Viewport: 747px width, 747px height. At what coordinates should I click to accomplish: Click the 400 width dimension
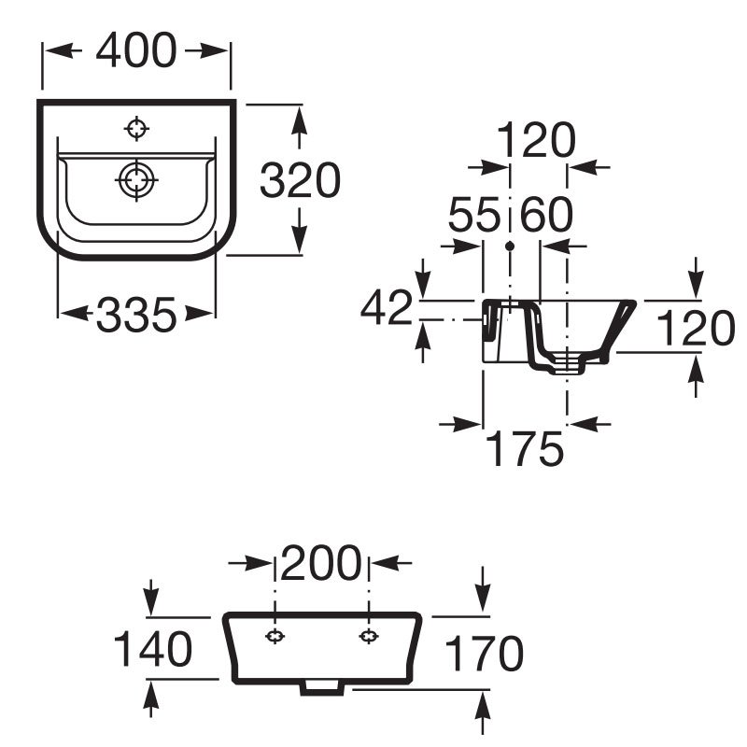[136, 50]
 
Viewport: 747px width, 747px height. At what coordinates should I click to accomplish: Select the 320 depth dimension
[300, 180]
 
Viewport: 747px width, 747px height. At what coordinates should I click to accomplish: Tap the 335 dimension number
[136, 315]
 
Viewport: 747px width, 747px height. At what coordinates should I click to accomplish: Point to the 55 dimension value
[474, 215]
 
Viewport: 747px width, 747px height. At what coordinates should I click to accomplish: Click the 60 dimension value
[546, 215]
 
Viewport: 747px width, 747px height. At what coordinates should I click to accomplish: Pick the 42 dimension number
[386, 307]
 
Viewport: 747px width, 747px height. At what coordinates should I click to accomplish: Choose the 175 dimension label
[525, 448]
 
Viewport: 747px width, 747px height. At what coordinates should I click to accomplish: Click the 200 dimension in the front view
[321, 563]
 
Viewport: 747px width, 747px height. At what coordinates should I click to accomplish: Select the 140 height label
[153, 648]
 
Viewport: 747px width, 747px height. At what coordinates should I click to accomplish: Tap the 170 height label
[484, 654]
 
